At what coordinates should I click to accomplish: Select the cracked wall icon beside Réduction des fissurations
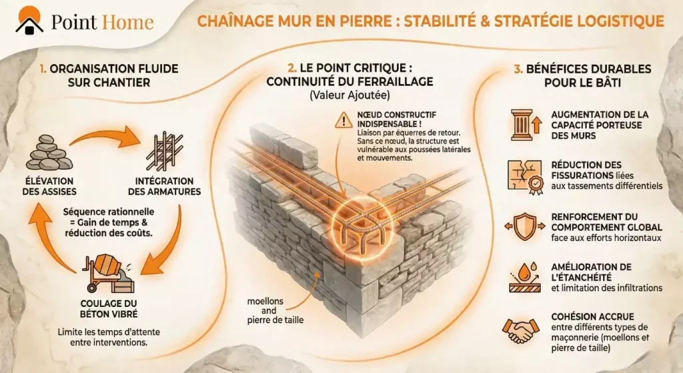click(522, 175)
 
